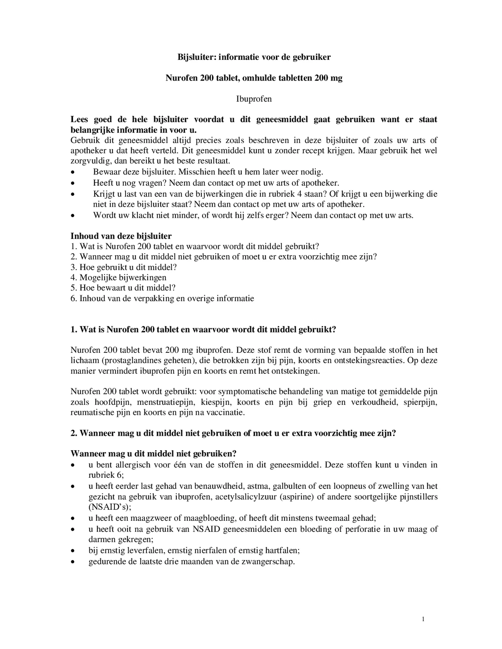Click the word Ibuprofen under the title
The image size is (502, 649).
point(254,99)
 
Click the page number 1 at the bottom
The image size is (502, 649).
point(423,619)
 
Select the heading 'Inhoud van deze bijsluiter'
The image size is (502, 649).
point(121,236)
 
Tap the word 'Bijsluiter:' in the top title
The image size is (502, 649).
point(197,57)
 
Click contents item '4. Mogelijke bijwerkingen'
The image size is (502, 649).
point(118,277)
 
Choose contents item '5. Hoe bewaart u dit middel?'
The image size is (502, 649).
point(123,288)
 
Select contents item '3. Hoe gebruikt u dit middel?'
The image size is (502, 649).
point(124,267)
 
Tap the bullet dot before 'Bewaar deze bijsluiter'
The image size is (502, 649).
point(73,173)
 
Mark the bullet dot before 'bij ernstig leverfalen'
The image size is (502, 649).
point(73,551)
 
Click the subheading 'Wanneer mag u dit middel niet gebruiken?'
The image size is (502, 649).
point(154,454)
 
